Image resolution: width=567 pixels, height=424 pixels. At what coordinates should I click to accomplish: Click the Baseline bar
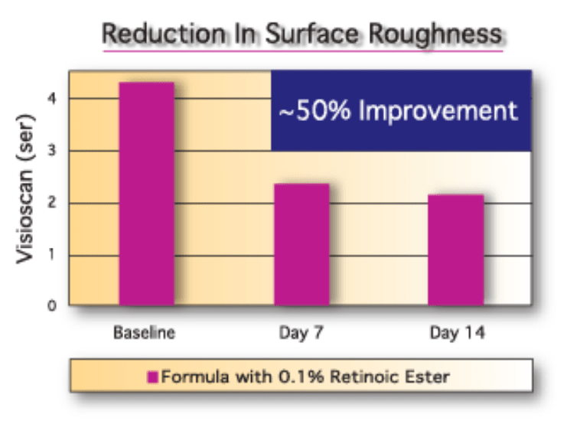147,194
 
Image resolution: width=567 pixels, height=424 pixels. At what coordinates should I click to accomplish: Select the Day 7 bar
302,245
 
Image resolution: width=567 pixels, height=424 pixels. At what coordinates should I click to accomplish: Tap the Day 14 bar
456,250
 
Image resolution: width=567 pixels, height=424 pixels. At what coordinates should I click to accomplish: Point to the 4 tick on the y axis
53,99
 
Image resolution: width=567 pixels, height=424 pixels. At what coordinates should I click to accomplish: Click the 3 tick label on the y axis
53,150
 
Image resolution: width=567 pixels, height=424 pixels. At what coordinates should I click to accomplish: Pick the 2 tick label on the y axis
53,202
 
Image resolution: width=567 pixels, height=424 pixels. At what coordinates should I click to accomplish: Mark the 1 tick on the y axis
53,254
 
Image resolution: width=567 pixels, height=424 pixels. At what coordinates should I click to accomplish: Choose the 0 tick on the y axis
53,305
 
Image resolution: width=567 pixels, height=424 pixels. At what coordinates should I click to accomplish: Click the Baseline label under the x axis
145,333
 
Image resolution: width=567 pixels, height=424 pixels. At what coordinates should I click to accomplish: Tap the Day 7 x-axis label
301,333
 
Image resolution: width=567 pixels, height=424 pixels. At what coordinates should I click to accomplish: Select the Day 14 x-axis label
457,333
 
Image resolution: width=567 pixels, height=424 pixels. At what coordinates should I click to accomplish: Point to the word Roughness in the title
435,34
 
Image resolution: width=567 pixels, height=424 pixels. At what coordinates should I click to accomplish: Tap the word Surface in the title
311,34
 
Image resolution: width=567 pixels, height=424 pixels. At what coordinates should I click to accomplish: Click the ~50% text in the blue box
315,110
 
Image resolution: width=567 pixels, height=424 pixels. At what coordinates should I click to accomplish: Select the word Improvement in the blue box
438,112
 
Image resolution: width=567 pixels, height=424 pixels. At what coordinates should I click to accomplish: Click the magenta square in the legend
152,377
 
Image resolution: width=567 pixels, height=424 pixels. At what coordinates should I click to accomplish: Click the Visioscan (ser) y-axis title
25,189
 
